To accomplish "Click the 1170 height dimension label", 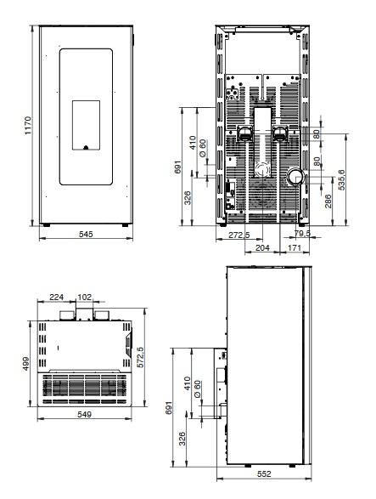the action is point(28,125).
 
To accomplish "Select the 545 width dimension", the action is point(86,235).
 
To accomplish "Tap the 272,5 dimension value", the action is point(239,235).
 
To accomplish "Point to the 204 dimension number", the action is point(262,247).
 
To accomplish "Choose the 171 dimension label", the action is point(294,247).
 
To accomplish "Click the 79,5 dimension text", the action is point(302,233).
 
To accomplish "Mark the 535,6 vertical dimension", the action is point(341,180).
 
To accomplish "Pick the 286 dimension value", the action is point(328,201).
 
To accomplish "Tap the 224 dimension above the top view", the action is point(57,297).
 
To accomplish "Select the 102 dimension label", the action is point(84,297).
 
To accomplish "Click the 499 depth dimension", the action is point(25,364).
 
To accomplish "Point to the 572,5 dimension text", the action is point(140,357).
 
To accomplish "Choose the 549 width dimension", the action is point(85,414).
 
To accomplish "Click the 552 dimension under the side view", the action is point(264,473).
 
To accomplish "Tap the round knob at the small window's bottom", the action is point(86,147).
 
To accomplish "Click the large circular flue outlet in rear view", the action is point(296,177).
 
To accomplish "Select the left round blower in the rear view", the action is point(244,133).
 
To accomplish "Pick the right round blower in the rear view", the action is point(280,133).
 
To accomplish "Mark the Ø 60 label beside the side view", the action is point(197,388).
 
